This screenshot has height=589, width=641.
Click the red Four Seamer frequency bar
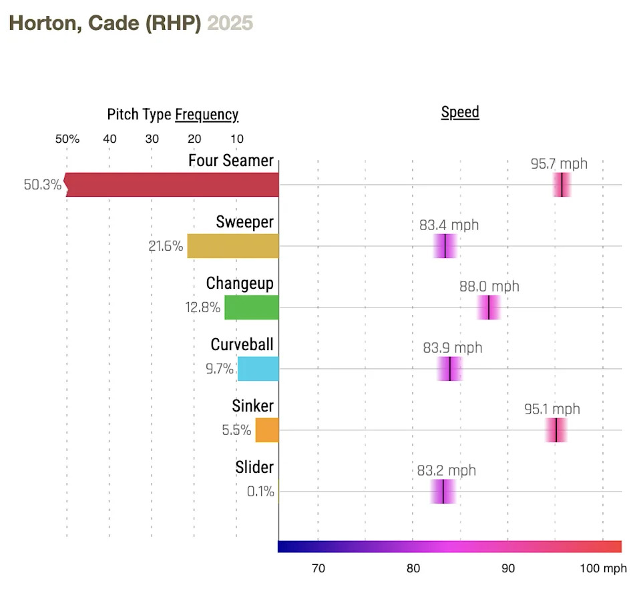tap(172, 185)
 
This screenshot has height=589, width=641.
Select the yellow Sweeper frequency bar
tap(232, 246)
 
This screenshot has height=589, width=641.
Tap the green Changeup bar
tap(251, 308)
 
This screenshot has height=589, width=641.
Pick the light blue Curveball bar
tap(258, 369)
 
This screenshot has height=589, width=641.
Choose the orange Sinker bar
tap(266, 430)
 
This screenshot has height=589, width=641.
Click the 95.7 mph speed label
tap(559, 163)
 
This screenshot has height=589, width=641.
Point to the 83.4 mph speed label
tap(449, 225)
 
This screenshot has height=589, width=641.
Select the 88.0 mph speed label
tap(489, 286)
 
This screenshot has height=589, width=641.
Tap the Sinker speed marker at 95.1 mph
tap(556, 430)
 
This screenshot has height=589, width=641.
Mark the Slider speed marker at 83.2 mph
tap(443, 492)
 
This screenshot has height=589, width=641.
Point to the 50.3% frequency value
tap(42, 185)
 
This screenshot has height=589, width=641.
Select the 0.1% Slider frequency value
tap(260, 492)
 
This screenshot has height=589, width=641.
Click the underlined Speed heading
tap(460, 112)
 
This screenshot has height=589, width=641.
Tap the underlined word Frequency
tap(206, 115)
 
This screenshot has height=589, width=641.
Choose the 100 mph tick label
tap(603, 568)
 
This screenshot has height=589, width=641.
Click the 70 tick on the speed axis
tap(318, 568)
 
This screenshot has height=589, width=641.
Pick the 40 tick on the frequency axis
tap(109, 139)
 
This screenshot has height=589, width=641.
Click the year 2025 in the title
tap(230, 23)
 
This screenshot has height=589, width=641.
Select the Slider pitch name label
tap(254, 468)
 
